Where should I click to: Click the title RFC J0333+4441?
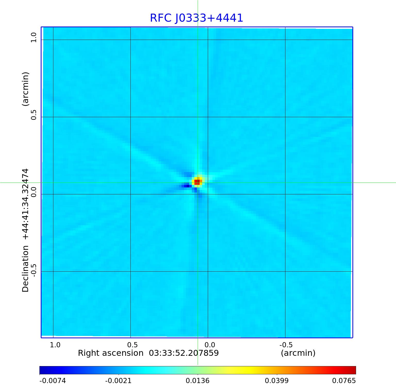point(196,18)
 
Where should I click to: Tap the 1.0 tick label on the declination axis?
point(34,38)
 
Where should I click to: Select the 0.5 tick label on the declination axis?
point(34,115)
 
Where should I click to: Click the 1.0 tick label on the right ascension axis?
point(55,345)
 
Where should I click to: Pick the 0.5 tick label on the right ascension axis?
point(133,345)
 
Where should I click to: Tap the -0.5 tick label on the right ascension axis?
point(286,345)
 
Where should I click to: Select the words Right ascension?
point(111,353)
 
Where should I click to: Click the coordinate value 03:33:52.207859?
point(184,353)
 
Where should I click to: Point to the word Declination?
point(26,269)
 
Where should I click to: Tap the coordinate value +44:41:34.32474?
point(26,204)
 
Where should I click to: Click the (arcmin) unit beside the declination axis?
point(26,89)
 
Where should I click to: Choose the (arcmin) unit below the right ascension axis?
point(298,353)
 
